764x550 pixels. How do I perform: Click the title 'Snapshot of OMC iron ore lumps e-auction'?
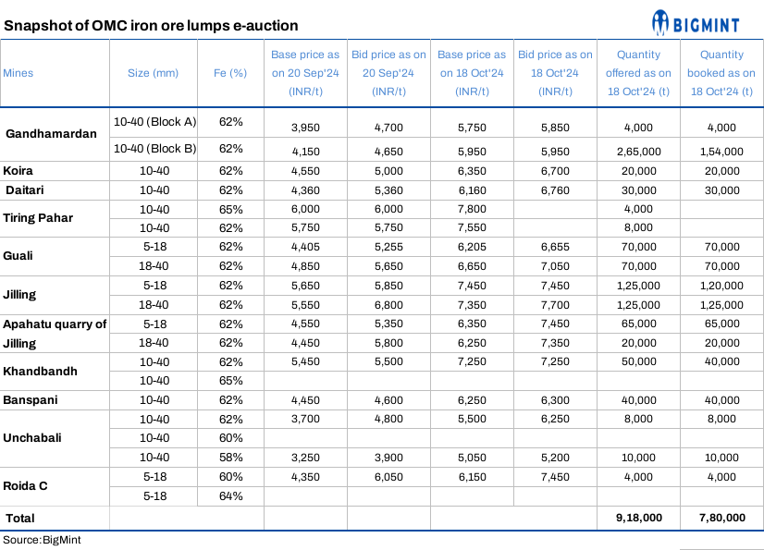(x=151, y=26)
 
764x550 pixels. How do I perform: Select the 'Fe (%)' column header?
(x=230, y=73)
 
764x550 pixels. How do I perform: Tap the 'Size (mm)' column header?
(x=153, y=73)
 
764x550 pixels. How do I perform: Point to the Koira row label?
(x=19, y=171)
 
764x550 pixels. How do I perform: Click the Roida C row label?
(x=27, y=485)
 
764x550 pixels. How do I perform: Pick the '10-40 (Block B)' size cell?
(x=154, y=148)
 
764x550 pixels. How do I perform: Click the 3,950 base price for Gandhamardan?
(x=305, y=128)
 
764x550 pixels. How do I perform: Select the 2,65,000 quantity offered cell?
(x=638, y=151)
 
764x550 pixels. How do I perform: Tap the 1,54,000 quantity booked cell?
(x=721, y=151)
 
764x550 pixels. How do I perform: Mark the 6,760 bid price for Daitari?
(x=555, y=190)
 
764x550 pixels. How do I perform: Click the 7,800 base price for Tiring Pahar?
(x=472, y=210)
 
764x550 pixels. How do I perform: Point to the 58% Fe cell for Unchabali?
(x=230, y=457)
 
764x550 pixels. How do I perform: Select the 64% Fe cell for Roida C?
(x=230, y=495)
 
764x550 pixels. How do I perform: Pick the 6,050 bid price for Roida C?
(x=388, y=476)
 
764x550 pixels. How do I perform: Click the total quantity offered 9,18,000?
(x=638, y=518)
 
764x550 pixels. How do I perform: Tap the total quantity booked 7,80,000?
(x=721, y=518)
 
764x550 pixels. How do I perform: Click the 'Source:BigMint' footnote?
(x=42, y=539)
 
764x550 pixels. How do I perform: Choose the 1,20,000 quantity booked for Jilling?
(x=721, y=286)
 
